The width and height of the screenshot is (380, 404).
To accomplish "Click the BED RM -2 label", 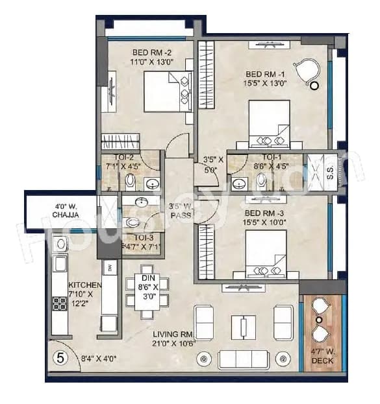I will [x=151, y=53].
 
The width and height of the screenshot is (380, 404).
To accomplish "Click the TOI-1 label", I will [x=272, y=158].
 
